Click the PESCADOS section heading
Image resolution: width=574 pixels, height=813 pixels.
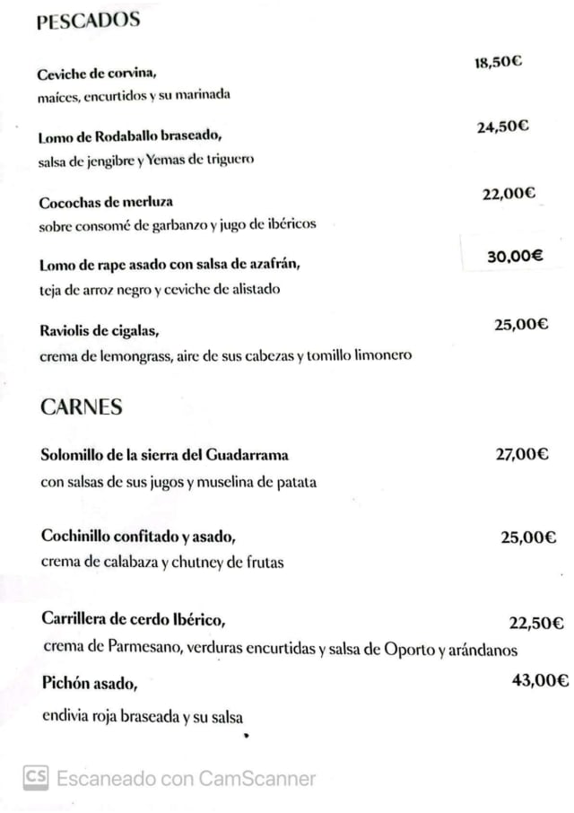[x=89, y=21]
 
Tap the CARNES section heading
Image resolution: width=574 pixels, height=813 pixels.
[x=82, y=407]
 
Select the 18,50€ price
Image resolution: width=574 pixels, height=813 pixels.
[x=499, y=62]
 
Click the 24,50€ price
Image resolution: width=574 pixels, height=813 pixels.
[x=502, y=127]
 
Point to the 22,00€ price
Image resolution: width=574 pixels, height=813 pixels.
[x=509, y=192]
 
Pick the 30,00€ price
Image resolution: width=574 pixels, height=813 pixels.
[x=515, y=256]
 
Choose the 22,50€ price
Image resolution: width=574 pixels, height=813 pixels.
[x=536, y=624]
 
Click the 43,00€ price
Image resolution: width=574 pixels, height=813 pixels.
[x=540, y=681]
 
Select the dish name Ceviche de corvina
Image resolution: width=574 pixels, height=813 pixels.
[x=98, y=74]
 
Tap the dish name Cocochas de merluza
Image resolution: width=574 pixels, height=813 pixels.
[x=106, y=203]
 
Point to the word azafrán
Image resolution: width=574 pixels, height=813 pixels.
[x=269, y=265]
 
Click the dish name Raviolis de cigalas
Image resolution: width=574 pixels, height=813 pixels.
[x=100, y=331]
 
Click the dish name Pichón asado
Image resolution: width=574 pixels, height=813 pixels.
[x=90, y=684]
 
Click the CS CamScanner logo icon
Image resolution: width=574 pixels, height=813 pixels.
[x=36, y=777]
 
